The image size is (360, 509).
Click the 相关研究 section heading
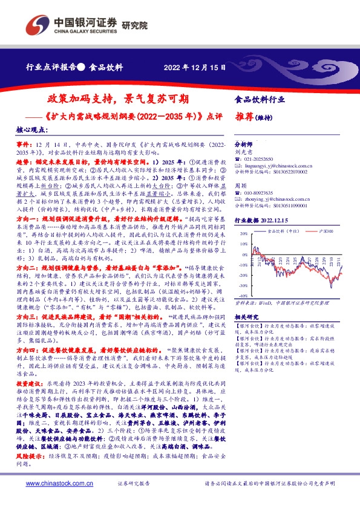(246, 316)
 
